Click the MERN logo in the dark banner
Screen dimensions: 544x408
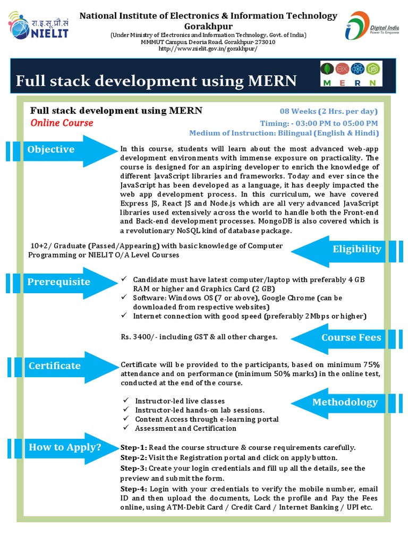[x=351, y=74]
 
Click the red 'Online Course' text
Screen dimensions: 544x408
[x=62, y=123]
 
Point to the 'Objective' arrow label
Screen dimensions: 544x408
[x=51, y=149]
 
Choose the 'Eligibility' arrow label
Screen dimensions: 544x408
[x=357, y=249]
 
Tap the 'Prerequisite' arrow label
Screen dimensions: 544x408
[x=59, y=282]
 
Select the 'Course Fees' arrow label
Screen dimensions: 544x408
[x=351, y=337]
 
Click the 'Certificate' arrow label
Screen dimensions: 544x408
[x=55, y=365]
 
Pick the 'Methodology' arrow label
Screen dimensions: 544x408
[x=345, y=402]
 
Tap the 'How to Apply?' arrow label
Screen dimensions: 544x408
[x=65, y=447]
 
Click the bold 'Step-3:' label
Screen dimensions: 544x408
[x=134, y=468]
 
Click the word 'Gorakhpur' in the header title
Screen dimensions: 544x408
[x=208, y=25]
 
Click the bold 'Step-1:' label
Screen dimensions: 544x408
[x=134, y=447]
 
